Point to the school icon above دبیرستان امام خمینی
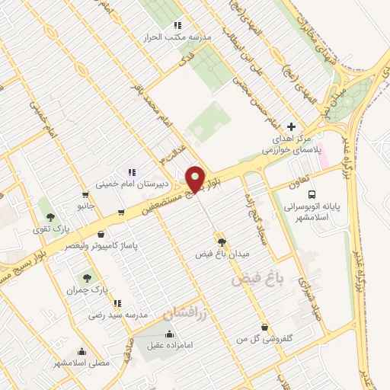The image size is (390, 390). tap(131, 172)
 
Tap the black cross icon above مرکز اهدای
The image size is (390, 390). tap(291, 126)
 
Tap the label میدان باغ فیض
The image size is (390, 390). tap(222, 253)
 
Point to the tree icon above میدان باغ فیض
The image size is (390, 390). tap(222, 241)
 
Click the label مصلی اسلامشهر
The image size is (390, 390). tap(82, 363)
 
